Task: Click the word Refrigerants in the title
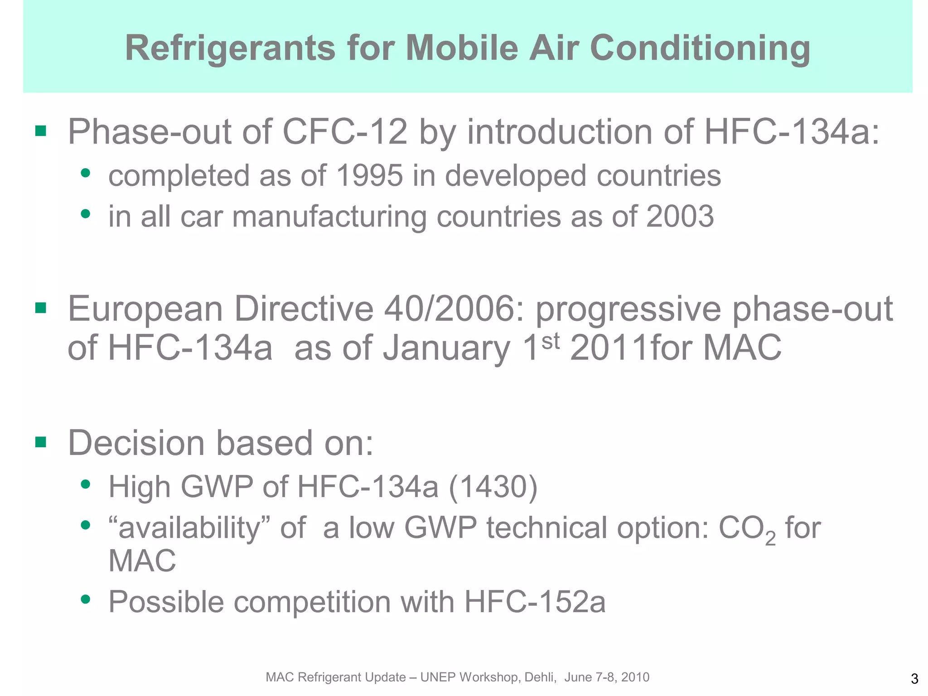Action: coord(231,48)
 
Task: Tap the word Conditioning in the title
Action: coord(700,48)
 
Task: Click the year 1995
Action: coord(370,176)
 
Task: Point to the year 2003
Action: coord(680,217)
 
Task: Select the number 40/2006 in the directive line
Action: coord(454,309)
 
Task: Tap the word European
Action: coord(145,309)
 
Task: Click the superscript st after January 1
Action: coord(550,341)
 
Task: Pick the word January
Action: coord(446,348)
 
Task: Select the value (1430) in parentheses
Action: coord(493,487)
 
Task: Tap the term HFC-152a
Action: coord(535,602)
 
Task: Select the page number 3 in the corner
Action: coord(914,679)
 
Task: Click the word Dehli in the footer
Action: coord(540,677)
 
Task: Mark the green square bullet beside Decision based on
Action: coord(41,442)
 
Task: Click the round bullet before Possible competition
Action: coord(85,599)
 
